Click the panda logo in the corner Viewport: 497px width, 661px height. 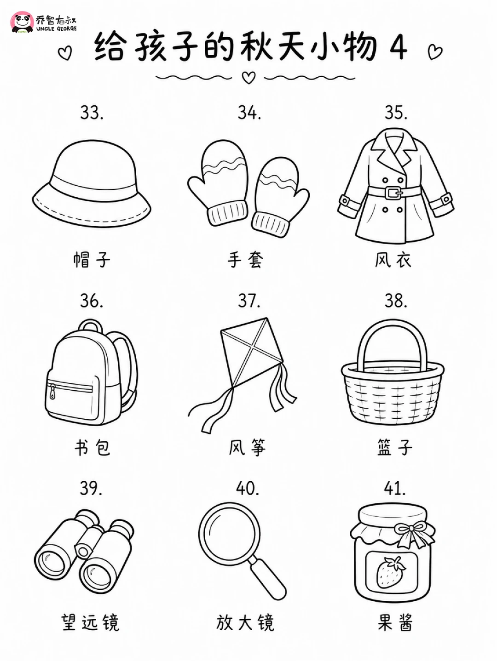tap(22, 22)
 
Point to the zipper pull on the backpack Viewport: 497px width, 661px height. tap(52, 392)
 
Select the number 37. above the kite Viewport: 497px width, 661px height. tap(249, 300)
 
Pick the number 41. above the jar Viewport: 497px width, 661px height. tap(394, 488)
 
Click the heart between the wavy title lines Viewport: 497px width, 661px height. tap(249, 78)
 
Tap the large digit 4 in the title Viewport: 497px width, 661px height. tap(399, 47)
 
